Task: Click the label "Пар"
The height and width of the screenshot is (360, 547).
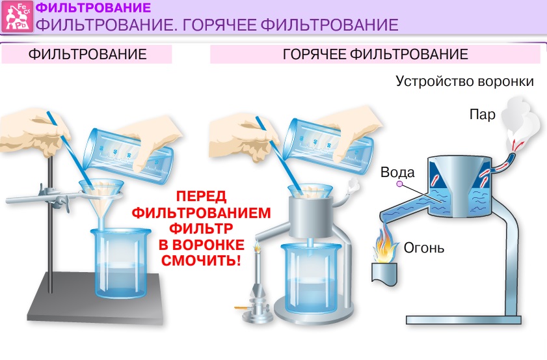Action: (483, 115)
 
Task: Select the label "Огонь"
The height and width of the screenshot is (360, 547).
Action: (424, 247)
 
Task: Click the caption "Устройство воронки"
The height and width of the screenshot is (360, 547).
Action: (464, 82)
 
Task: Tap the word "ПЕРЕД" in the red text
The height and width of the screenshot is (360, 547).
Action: (200, 196)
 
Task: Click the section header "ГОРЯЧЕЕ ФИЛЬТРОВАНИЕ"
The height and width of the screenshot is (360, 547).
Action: (375, 54)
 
